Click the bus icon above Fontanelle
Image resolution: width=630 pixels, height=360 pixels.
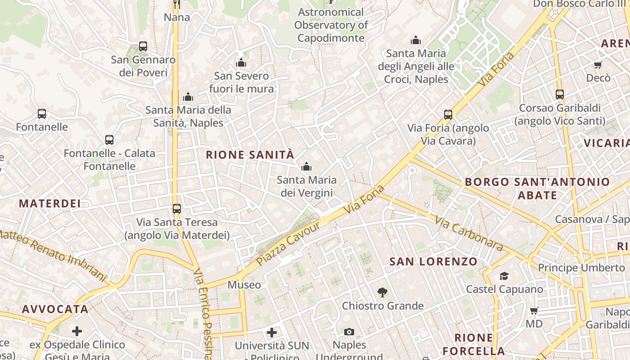[x=42, y=114]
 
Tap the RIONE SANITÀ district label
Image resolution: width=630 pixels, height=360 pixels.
[x=250, y=155]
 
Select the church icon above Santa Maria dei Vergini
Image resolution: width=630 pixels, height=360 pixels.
[x=306, y=167]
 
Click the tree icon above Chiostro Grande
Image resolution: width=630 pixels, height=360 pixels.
[x=382, y=292]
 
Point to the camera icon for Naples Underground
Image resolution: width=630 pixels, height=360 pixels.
[x=349, y=332]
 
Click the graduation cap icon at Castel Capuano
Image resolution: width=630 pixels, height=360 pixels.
[x=504, y=276]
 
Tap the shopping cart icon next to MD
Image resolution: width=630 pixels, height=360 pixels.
[x=534, y=310]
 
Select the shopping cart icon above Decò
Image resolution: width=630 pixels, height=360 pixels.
[x=598, y=65]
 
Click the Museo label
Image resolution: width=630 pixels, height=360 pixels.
[x=244, y=285]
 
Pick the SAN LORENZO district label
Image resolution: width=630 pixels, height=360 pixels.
[x=433, y=261]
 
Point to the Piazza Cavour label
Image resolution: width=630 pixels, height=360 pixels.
[x=288, y=243]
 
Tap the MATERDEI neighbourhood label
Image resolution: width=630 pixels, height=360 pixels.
[x=50, y=203]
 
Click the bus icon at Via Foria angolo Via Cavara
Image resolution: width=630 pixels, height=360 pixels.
[x=448, y=114]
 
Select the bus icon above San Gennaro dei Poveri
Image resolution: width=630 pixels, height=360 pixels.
[x=143, y=46]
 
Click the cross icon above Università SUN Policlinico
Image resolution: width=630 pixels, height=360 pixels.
[x=272, y=333]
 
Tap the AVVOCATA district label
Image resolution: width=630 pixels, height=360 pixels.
[x=55, y=309]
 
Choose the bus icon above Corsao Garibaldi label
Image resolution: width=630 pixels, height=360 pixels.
[x=560, y=94]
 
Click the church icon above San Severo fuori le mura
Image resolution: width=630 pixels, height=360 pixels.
[x=241, y=63]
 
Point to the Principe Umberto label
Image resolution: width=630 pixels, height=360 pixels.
[x=581, y=268]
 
